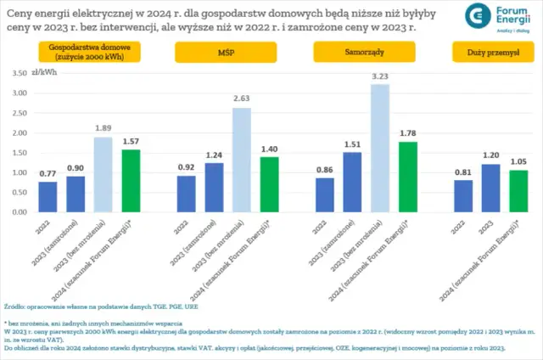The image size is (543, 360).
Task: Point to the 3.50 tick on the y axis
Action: click(19, 74)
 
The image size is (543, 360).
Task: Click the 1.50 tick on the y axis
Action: click(19, 153)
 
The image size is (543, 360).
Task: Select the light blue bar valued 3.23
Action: click(379, 148)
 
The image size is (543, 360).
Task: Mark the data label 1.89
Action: click(103, 129)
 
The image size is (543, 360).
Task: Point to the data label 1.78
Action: click(407, 133)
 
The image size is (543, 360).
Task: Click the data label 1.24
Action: click(214, 155)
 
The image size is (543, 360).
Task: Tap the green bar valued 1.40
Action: click(269, 183)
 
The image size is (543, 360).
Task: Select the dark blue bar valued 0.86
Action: click(325, 194)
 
